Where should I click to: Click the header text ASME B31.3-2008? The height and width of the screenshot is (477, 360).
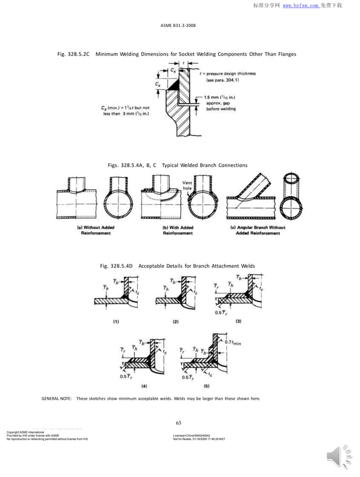click(x=179, y=25)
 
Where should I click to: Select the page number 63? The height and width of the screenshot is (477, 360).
click(x=179, y=423)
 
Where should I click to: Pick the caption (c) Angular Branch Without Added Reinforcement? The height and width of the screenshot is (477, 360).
click(x=258, y=230)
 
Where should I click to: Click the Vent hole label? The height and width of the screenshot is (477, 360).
click(x=189, y=185)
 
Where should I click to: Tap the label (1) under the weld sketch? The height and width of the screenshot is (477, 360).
click(x=115, y=321)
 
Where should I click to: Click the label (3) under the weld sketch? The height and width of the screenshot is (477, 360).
click(x=238, y=321)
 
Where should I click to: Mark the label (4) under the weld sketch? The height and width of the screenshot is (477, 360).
click(x=143, y=387)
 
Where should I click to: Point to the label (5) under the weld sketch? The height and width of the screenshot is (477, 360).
click(x=207, y=387)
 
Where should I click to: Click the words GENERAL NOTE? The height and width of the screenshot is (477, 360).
click(x=56, y=399)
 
